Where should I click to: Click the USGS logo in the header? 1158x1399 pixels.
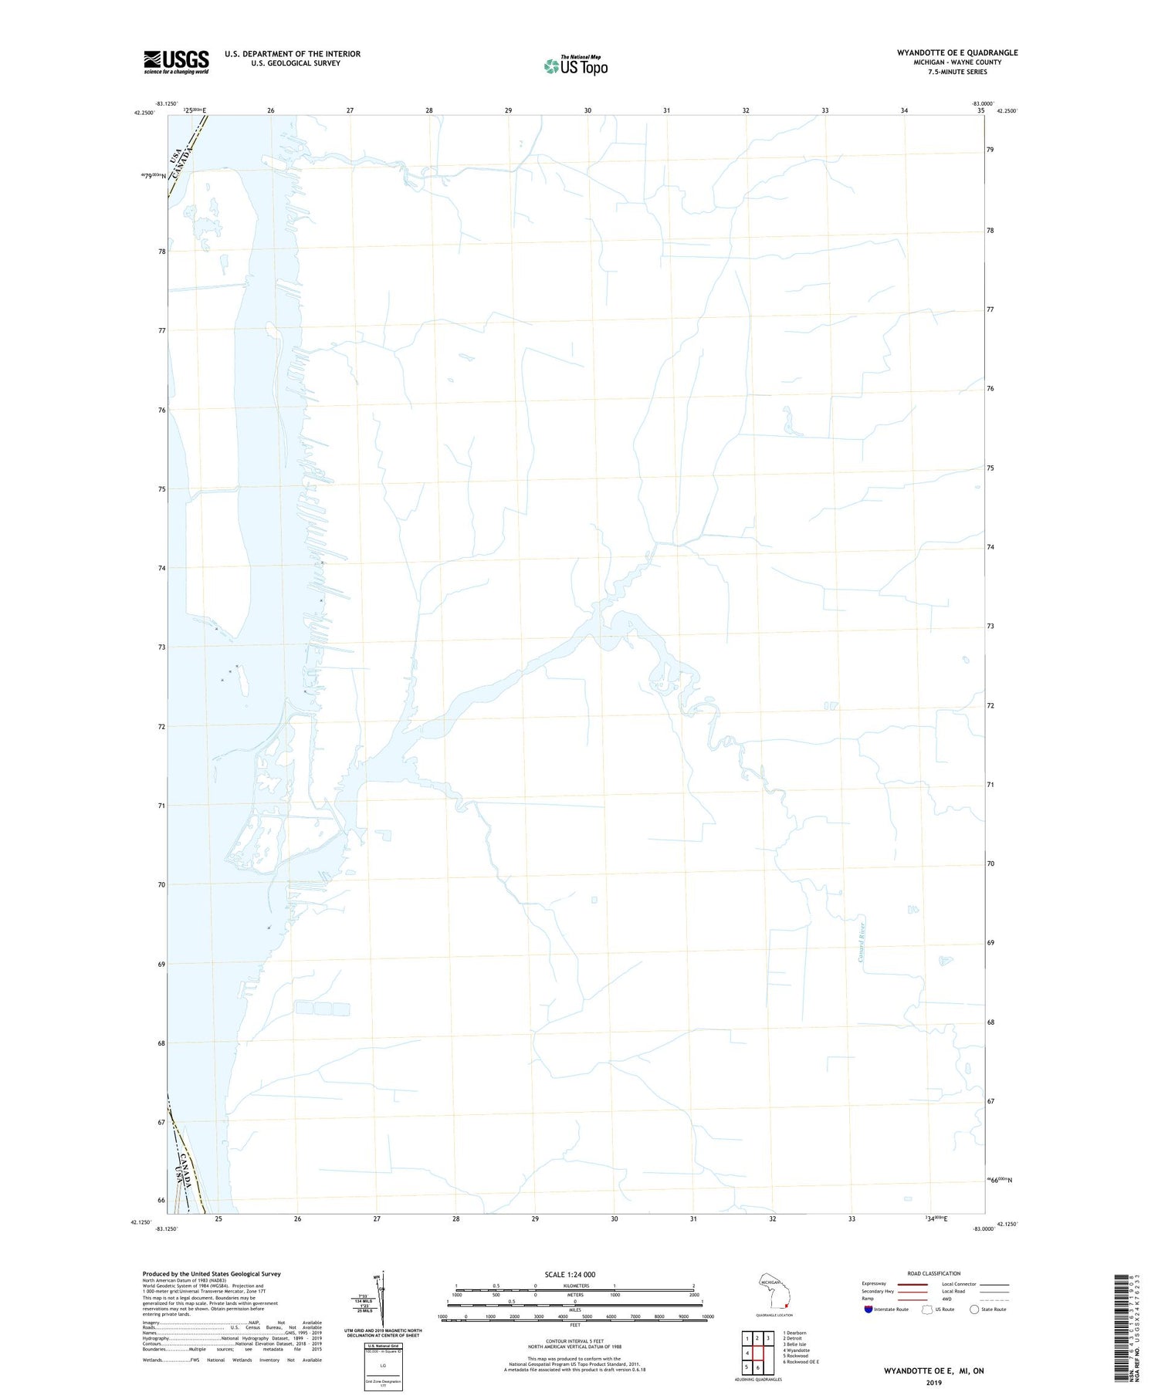(176, 62)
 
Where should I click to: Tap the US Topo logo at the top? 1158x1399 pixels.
(576, 66)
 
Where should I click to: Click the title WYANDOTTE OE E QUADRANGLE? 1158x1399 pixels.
(957, 52)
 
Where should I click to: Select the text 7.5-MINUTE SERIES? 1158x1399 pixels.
(957, 72)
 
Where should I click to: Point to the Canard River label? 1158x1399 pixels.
(862, 942)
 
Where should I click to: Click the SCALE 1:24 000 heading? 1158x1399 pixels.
(570, 1275)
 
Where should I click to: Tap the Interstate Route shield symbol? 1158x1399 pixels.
(868, 1309)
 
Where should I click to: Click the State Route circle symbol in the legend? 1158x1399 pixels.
(973, 1309)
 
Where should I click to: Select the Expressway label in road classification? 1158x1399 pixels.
(874, 1284)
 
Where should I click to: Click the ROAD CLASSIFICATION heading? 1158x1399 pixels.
(933, 1273)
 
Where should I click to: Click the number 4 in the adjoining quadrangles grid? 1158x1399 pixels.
(747, 1353)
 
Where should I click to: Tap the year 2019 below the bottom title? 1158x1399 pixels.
(933, 1383)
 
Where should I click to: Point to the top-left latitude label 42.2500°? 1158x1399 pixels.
(144, 113)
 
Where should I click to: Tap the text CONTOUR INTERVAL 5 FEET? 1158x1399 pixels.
(574, 1342)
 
